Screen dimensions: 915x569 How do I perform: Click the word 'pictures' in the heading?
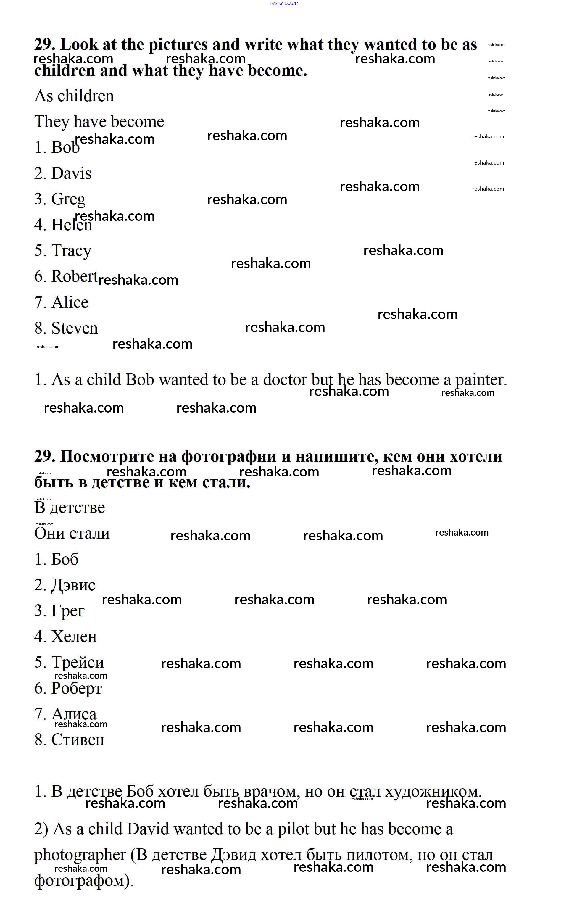pos(178,45)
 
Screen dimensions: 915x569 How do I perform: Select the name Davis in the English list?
pos(72,173)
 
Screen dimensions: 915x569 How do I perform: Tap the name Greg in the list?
pos(68,199)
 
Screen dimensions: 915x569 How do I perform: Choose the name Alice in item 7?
pos(70,303)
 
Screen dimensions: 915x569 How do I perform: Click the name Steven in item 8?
pos(75,328)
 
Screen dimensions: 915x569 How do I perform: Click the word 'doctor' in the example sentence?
pos(285,380)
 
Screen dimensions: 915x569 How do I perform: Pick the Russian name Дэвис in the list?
pos(73,585)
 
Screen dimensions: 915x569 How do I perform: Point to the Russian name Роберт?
pos(76,688)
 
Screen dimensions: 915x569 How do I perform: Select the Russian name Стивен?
pos(78,740)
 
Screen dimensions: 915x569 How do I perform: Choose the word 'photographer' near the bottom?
pos(80,855)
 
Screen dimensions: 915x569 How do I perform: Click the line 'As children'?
pos(74,96)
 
